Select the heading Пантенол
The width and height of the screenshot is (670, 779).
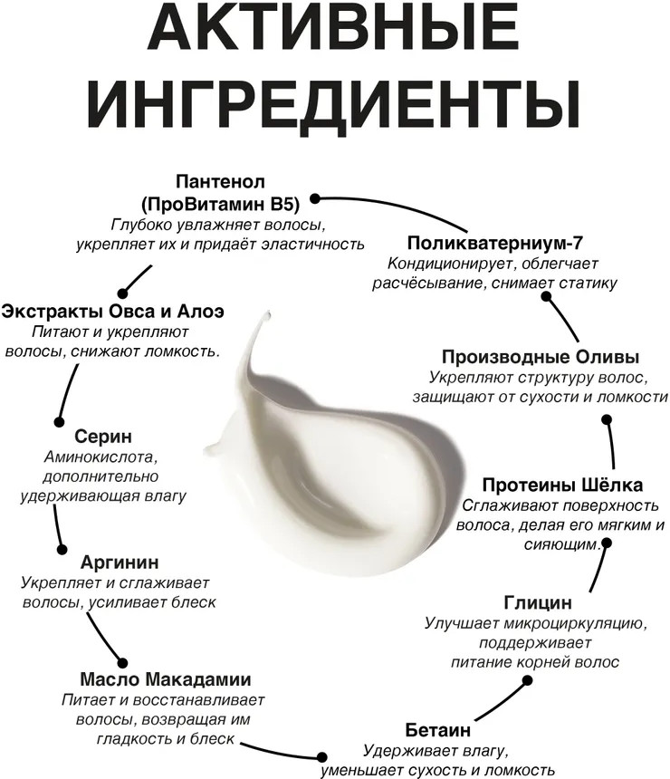[221, 182]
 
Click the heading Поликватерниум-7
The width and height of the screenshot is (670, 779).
[494, 243]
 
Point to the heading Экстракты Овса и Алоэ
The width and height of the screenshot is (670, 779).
[113, 312]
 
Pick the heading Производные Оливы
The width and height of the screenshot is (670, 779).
[541, 357]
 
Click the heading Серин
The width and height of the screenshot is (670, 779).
[103, 437]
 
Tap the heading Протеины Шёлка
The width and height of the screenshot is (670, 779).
[562, 485]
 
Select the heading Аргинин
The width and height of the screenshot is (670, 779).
[120, 563]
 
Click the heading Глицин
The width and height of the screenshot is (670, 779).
[538, 602]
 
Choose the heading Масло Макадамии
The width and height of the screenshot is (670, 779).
[166, 679]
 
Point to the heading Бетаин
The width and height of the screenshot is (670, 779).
[437, 730]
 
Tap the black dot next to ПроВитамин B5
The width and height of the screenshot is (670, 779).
[315, 198]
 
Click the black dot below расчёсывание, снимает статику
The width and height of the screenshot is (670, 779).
[546, 296]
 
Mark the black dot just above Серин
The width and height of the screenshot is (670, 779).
[59, 422]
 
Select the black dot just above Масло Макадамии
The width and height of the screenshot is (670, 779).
[122, 663]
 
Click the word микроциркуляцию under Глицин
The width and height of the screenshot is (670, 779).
[575, 623]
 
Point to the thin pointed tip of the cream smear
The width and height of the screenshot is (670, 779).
[269, 313]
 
